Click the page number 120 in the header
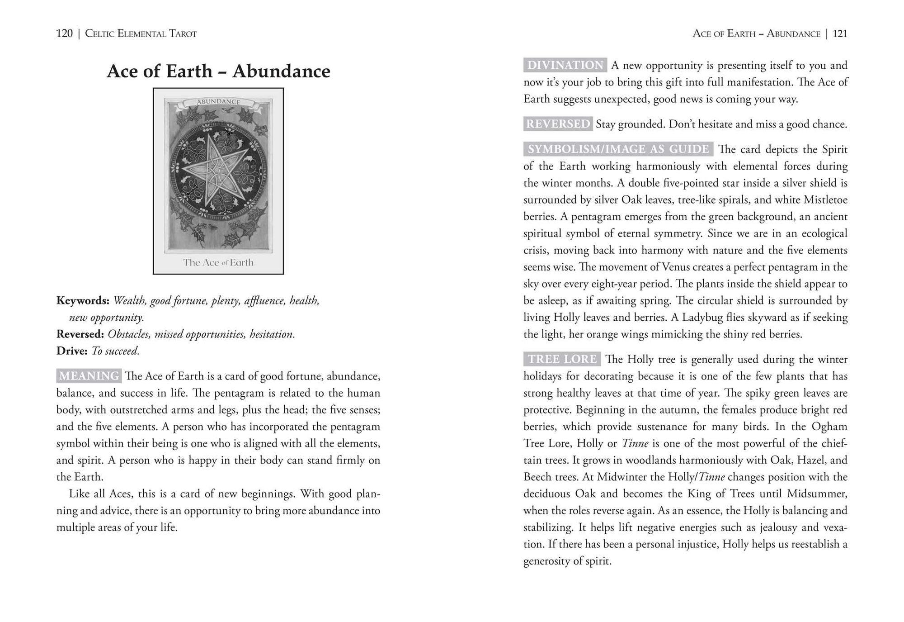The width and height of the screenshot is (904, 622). [x=64, y=33]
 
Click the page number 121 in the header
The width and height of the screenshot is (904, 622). [x=840, y=33]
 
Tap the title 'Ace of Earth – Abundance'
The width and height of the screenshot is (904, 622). [x=218, y=71]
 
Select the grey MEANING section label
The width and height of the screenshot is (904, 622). [x=89, y=376]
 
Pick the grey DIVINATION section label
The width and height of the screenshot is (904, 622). [x=565, y=65]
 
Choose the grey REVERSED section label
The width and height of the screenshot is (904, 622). [x=558, y=124]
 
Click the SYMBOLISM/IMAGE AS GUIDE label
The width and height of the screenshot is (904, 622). [x=618, y=149]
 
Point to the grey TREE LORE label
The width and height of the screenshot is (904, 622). [x=562, y=359]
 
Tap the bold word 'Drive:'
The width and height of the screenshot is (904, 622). [x=72, y=351]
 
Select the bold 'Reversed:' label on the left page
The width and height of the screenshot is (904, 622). [x=80, y=334]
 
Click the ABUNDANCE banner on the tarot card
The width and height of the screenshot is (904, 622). [x=218, y=102]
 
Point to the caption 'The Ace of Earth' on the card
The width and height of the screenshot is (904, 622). [x=218, y=262]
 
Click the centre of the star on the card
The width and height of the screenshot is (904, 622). [x=218, y=172]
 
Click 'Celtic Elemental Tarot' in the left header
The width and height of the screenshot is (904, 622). [x=141, y=33]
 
